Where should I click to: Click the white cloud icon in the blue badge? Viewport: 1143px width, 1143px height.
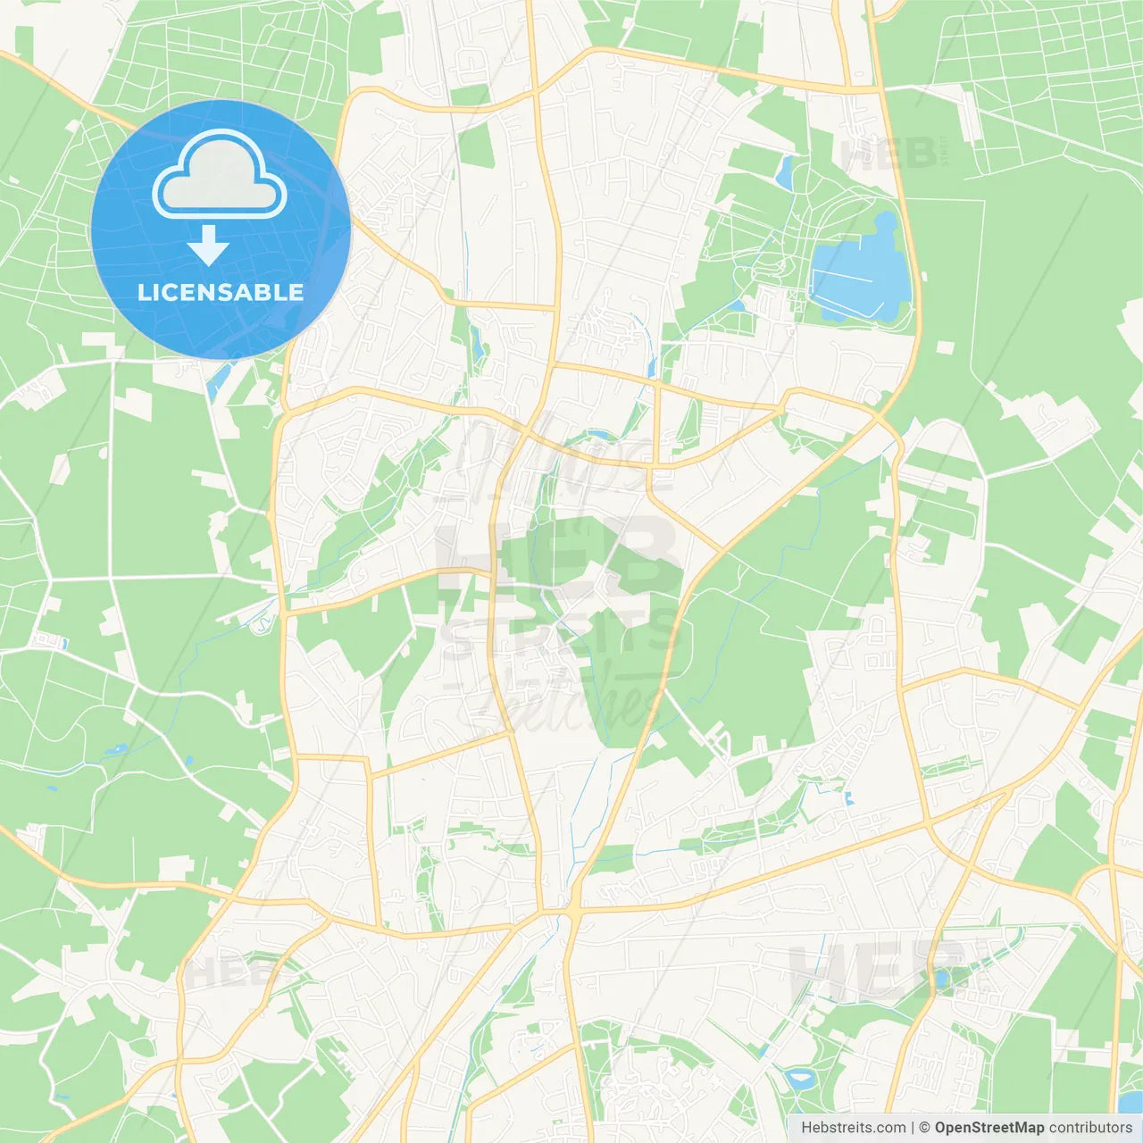220,175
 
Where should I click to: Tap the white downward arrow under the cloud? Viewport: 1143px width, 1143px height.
208,246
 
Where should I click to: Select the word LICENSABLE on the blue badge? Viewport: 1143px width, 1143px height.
221,292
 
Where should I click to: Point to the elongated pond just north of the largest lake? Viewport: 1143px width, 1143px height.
785,172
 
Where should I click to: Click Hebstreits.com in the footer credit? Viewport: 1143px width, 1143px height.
853,1128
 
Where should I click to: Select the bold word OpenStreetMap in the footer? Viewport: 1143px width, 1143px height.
989,1128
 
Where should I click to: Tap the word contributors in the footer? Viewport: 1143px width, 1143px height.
1090,1128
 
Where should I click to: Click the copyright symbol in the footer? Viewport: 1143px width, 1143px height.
924,1128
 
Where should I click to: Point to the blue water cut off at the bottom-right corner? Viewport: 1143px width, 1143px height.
1130,1103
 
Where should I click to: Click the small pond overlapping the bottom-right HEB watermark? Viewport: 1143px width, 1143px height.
940,979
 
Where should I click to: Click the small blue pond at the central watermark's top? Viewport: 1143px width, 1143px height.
599,436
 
